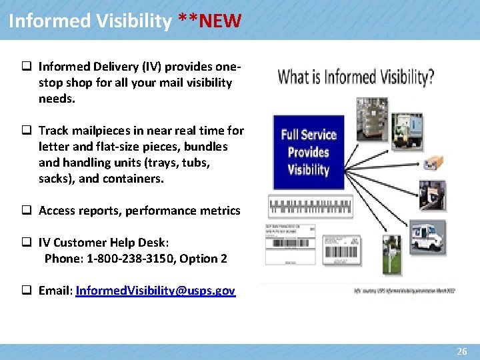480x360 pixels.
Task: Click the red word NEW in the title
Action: pyautogui.click(x=220, y=21)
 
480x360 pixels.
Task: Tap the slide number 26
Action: pyautogui.click(x=462, y=351)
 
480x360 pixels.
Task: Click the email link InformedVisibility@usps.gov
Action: pyautogui.click(x=155, y=291)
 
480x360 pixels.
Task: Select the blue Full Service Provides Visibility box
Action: pyautogui.click(x=309, y=152)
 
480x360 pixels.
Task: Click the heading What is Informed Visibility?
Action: pyautogui.click(x=355, y=77)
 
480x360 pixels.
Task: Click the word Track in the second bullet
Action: pyautogui.click(x=53, y=131)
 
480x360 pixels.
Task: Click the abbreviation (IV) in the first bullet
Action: pyautogui.click(x=149, y=67)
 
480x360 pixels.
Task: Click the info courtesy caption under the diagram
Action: pyautogui.click(x=404, y=291)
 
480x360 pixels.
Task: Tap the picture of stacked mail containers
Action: pyautogui.click(x=372, y=119)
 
